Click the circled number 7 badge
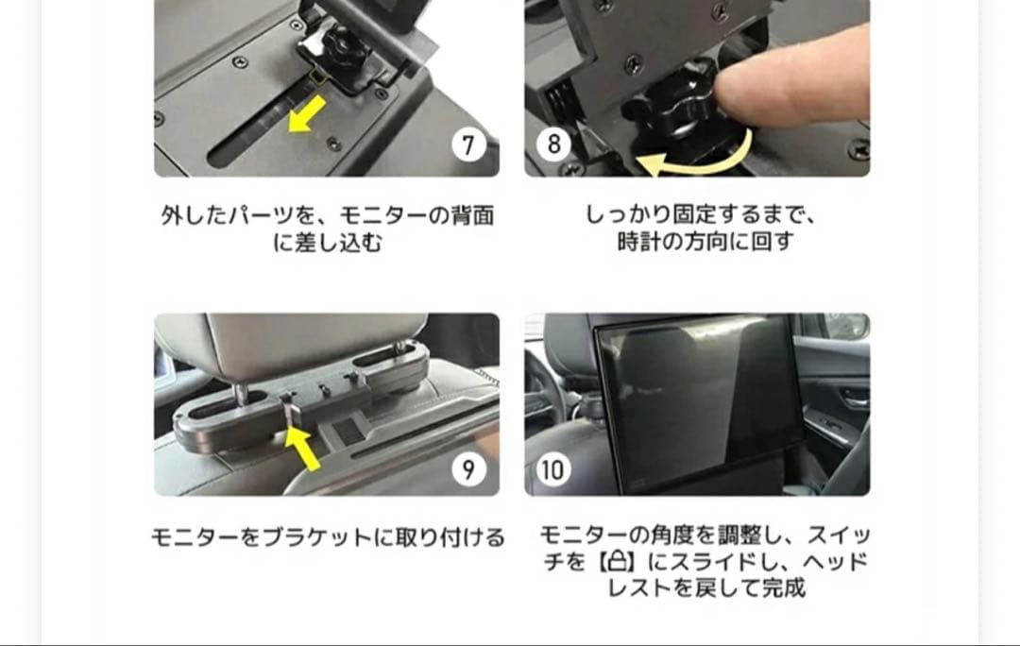(x=468, y=144)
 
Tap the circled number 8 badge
(x=553, y=144)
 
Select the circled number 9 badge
(x=468, y=468)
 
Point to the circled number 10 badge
(x=553, y=468)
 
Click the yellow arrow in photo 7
(x=306, y=115)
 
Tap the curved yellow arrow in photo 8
(x=694, y=161)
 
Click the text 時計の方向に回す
(x=705, y=242)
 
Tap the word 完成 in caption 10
(x=784, y=588)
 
